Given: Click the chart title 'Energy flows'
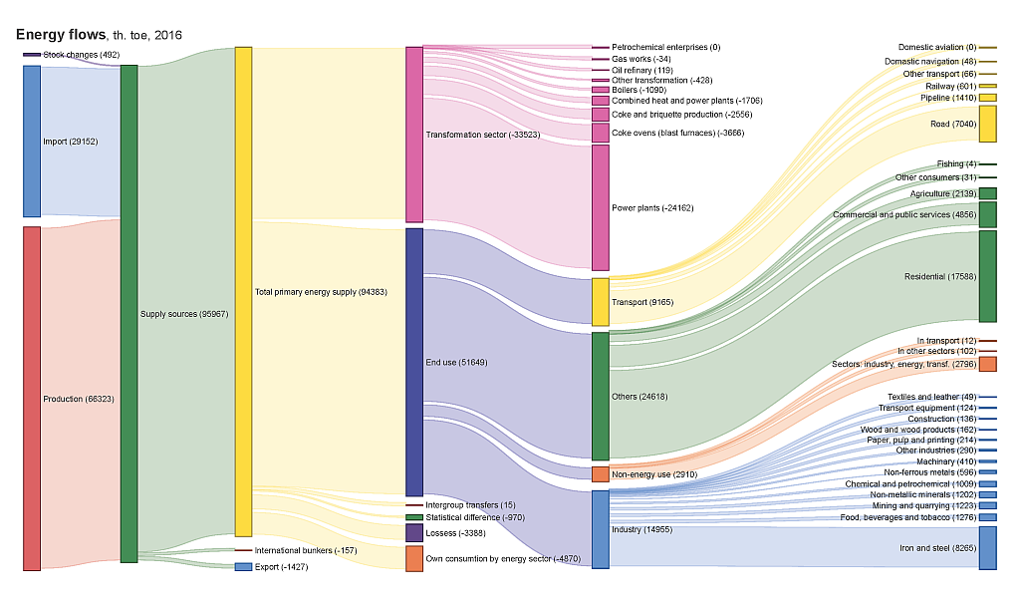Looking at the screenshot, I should click(x=60, y=35).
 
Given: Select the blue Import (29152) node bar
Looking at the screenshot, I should click(x=32, y=141).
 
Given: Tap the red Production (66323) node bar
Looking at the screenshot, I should click(x=32, y=398).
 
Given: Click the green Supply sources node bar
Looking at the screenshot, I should click(x=128, y=314).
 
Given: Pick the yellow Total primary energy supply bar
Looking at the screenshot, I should click(x=243, y=291).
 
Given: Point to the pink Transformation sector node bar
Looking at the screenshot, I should click(x=414, y=134).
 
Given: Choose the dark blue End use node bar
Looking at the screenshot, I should click(x=414, y=362).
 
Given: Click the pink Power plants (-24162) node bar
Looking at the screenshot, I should click(x=600, y=207).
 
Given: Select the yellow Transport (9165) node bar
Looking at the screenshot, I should click(x=600, y=301).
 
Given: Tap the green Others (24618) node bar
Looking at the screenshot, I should click(x=600, y=396).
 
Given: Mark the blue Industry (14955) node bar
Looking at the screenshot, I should click(x=600, y=528).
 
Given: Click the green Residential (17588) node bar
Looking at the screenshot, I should click(x=987, y=276).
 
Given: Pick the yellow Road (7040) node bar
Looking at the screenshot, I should click(x=987, y=124).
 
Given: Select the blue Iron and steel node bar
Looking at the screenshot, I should click(x=987, y=547).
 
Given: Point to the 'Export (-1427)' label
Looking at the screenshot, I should click(x=282, y=566).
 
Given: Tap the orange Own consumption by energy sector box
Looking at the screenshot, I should click(x=414, y=558).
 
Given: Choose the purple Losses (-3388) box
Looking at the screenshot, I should click(x=414, y=533).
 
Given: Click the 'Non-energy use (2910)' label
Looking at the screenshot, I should click(x=655, y=474).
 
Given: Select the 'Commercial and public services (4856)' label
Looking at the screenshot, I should click(x=904, y=214).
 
